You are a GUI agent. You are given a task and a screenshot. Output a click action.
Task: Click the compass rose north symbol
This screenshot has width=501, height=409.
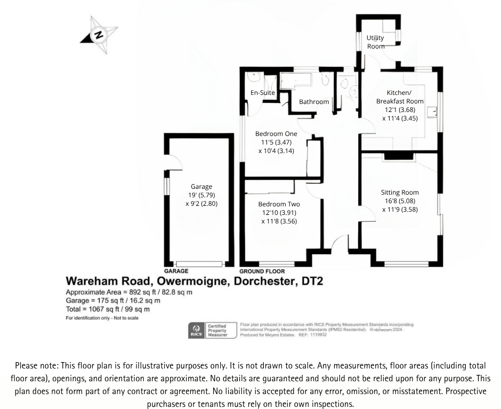click(x=99, y=35)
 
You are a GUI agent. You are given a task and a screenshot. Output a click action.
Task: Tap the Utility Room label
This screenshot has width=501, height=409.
click(x=375, y=42)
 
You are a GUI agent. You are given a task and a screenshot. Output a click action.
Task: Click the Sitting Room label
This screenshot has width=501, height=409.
click(x=400, y=193)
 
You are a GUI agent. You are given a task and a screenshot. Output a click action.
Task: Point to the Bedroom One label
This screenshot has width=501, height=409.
click(x=276, y=133)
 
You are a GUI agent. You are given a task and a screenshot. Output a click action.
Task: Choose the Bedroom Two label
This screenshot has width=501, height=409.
click(x=279, y=204)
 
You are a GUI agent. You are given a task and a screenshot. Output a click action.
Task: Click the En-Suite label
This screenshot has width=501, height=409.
click(x=263, y=93)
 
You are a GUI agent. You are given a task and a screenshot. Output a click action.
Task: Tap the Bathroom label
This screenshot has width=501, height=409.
click(x=314, y=102)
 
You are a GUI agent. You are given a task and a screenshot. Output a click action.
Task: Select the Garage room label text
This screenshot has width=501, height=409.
click(x=201, y=187)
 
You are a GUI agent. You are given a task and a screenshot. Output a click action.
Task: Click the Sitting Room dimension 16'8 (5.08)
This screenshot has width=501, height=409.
click(x=400, y=201)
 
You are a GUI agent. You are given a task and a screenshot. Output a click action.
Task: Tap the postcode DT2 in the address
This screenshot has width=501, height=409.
click(x=311, y=281)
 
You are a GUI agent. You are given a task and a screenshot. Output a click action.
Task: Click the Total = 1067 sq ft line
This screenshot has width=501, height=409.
click(x=108, y=309)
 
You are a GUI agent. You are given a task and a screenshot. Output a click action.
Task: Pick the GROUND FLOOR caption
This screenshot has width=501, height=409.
click(x=262, y=271)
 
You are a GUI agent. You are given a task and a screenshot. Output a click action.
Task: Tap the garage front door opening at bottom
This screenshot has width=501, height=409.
click(x=200, y=263)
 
